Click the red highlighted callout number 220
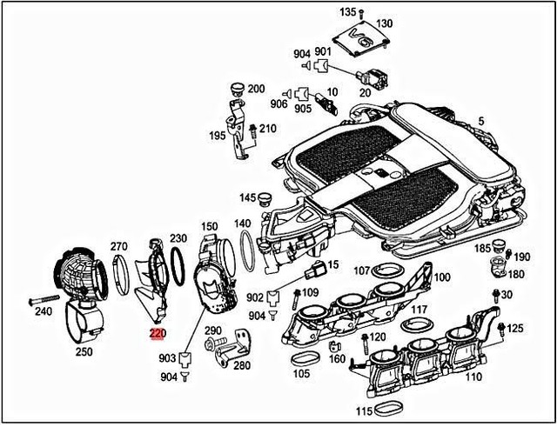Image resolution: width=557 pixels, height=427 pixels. (x=157, y=331)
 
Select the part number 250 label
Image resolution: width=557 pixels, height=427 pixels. (x=84, y=351)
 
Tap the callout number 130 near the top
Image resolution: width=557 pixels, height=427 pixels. (x=384, y=23)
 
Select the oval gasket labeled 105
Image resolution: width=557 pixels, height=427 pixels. (x=304, y=358)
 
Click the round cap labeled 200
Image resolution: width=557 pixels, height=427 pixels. (x=232, y=89)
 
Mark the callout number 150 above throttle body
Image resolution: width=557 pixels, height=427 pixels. (x=210, y=227)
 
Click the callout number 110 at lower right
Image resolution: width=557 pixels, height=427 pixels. (x=473, y=377)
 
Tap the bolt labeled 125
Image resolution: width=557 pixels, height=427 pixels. (x=498, y=328)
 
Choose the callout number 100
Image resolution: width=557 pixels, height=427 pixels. (x=442, y=277)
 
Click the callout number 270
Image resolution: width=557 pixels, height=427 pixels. (x=119, y=246)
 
